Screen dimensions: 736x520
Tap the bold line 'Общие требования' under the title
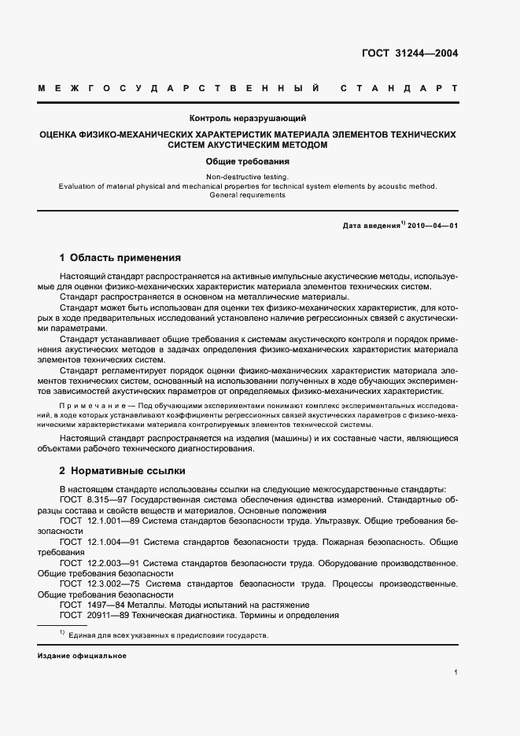[248, 160]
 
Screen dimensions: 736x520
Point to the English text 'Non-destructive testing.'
[248, 177]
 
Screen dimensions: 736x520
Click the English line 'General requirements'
[248, 195]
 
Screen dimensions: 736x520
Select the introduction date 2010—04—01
[432, 226]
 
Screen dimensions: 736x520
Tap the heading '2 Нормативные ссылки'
[123, 471]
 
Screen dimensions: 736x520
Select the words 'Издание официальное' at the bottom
[82, 655]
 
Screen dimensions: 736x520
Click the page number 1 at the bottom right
[455, 672]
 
